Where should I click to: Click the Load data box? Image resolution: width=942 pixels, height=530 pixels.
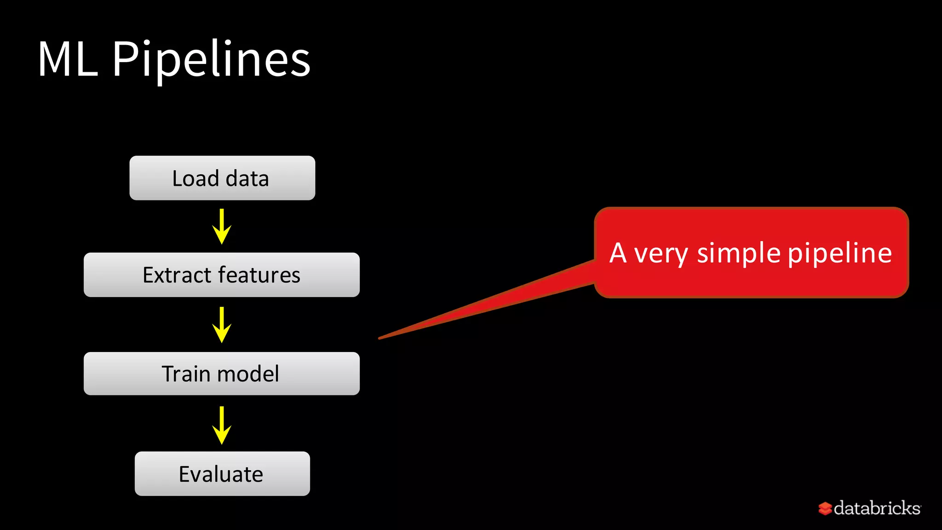click(x=222, y=178)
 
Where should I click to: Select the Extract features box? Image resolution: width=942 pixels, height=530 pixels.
click(x=221, y=275)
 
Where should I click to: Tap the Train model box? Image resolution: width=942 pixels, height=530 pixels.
click(x=221, y=374)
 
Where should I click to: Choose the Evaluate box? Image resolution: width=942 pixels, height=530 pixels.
click(x=222, y=473)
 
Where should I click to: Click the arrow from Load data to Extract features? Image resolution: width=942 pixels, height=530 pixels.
click(x=222, y=227)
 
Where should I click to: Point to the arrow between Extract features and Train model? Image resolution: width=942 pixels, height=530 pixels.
click(x=222, y=325)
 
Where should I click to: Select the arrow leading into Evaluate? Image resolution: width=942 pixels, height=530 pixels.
click(x=222, y=425)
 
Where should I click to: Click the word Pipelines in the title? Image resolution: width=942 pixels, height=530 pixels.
click(x=211, y=60)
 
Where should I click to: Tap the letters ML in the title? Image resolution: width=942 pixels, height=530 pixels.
click(x=68, y=60)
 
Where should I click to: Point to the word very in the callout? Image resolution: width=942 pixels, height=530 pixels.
click(x=661, y=254)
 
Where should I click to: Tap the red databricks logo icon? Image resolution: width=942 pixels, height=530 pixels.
click(x=825, y=508)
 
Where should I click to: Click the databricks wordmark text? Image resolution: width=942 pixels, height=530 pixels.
click(x=877, y=508)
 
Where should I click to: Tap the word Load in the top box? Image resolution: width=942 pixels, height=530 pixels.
click(x=195, y=179)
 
